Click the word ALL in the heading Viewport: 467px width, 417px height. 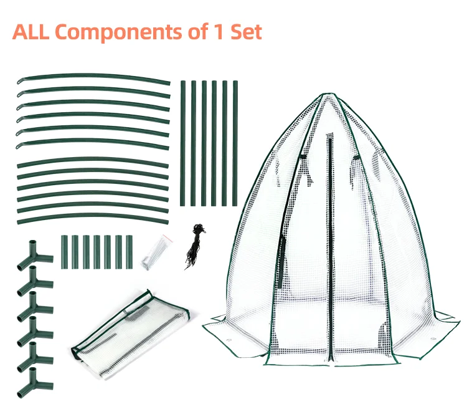point(32,32)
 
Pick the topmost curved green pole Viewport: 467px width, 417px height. point(93,78)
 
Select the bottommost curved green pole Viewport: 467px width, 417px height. point(93,219)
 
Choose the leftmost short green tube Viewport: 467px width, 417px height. point(64,252)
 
